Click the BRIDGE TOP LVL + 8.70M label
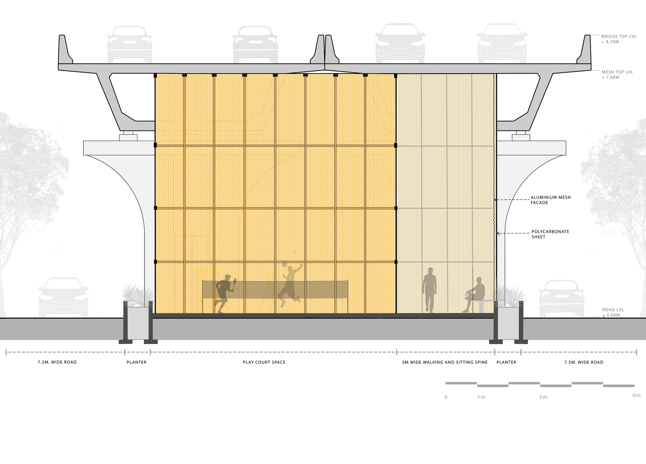point(619,39)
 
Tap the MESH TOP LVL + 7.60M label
point(617,75)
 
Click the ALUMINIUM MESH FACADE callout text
point(551,200)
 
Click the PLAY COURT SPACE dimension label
point(264,362)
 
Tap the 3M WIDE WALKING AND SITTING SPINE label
point(445,362)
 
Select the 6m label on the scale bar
point(636,395)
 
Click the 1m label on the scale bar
point(481,397)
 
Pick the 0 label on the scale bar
point(446,397)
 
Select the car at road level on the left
point(63,297)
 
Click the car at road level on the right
point(561,298)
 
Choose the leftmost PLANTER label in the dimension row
point(137,362)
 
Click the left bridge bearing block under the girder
point(128,136)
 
